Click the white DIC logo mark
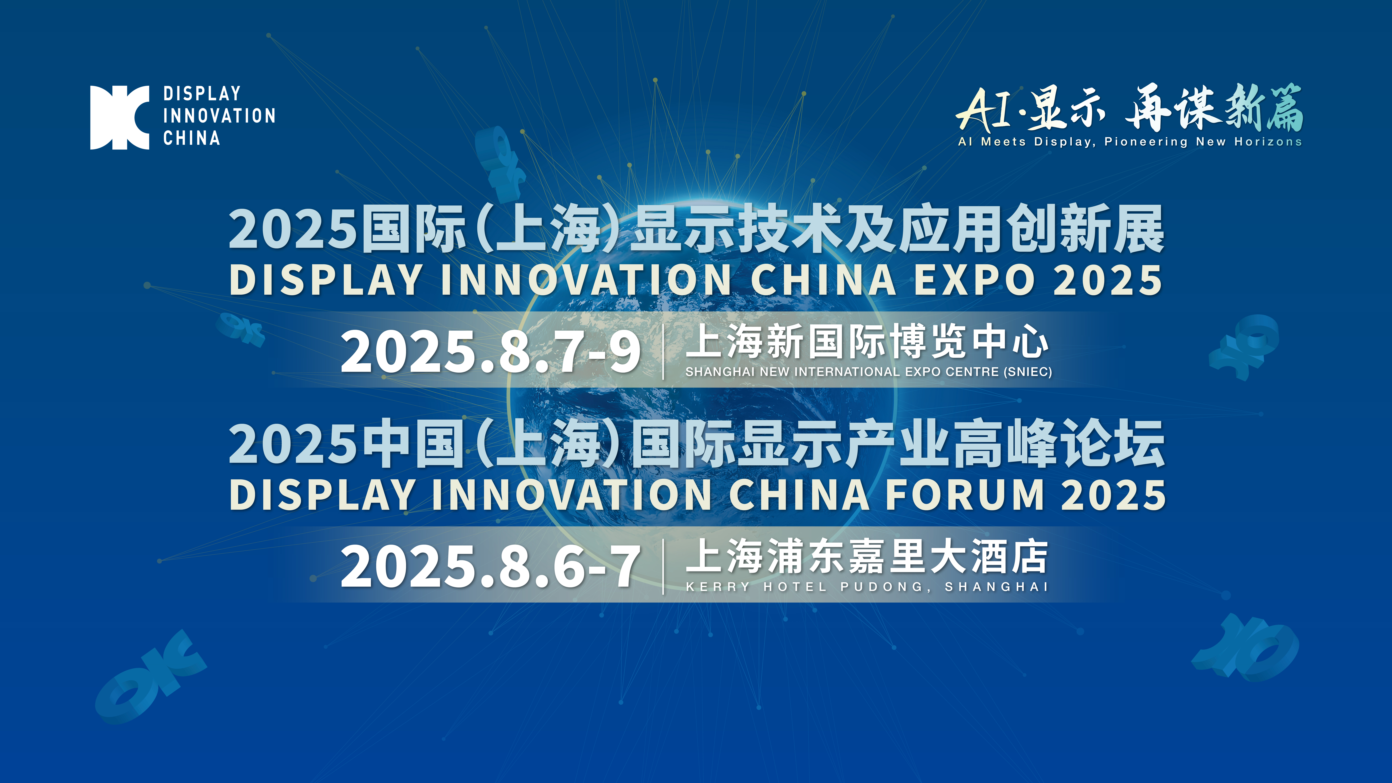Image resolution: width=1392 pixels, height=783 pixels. coord(119,117)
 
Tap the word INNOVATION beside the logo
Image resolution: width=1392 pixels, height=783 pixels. coord(219,116)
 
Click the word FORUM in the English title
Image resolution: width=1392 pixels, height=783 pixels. coord(965,495)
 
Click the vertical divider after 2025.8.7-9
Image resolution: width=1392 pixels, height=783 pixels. coord(663,351)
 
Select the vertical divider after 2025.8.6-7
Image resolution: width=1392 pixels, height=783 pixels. coord(663,566)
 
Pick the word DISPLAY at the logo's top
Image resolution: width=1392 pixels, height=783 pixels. coord(202,93)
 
